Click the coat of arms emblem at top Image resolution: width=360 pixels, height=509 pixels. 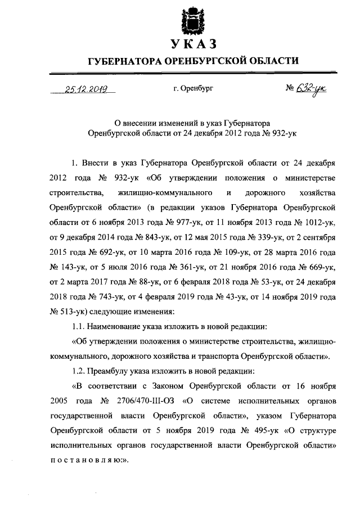(x=195, y=21)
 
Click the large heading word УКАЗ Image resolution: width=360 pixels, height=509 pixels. (x=195, y=45)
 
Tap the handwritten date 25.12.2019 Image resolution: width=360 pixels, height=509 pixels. (x=87, y=89)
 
